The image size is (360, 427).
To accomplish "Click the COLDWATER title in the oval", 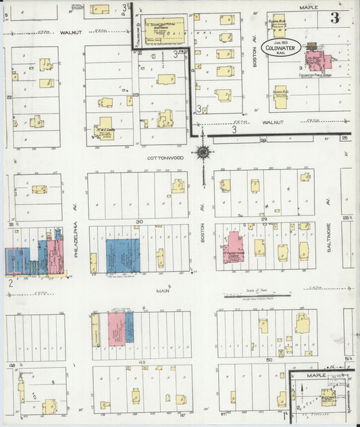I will (280, 48).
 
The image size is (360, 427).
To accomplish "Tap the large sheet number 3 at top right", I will (334, 18).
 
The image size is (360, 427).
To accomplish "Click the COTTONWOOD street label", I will (165, 157).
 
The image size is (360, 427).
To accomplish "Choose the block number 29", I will (265, 220).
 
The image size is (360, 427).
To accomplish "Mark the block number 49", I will (143, 363).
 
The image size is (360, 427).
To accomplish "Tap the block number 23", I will (135, 95).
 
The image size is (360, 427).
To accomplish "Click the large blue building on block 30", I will (122, 255).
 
